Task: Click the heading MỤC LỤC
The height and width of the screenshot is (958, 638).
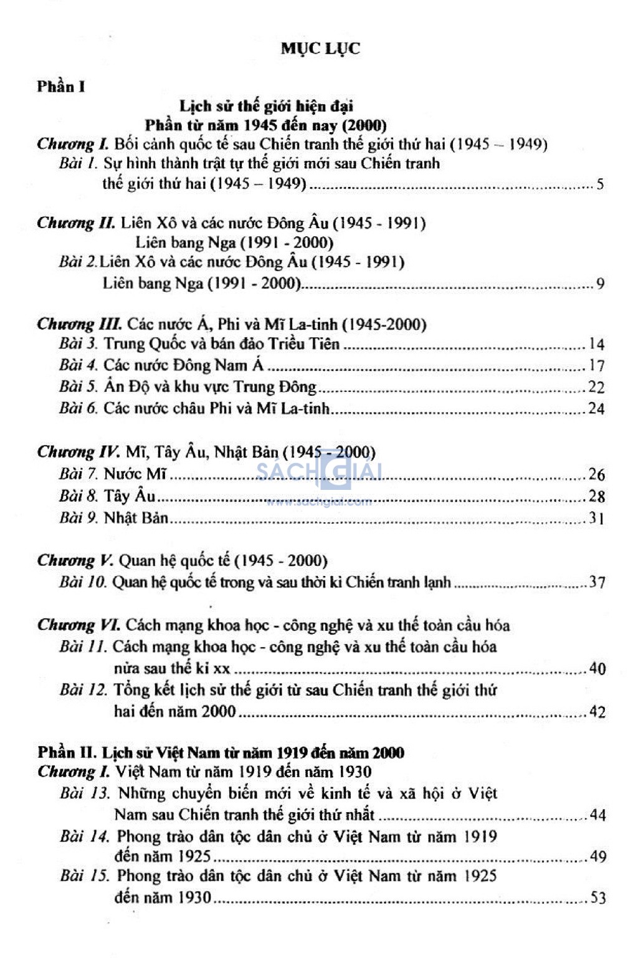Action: point(320,49)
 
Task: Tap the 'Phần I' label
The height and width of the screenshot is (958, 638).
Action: point(60,87)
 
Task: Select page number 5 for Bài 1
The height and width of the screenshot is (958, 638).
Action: point(600,184)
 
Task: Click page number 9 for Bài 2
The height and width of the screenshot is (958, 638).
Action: point(600,284)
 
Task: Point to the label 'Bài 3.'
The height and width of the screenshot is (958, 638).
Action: point(79,343)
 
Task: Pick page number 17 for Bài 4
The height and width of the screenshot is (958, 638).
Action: point(596,365)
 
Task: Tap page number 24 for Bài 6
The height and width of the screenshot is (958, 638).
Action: point(596,409)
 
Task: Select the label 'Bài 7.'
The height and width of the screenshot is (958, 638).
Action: point(79,474)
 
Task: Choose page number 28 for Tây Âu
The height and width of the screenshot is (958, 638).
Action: point(596,496)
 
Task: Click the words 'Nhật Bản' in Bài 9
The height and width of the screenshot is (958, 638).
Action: point(136,517)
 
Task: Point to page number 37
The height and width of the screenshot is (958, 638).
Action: point(597,582)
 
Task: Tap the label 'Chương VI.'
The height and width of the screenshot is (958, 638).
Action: point(79,625)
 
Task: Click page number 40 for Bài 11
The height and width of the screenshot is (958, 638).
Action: point(597,669)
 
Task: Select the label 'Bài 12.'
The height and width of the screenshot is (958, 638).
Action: point(84,690)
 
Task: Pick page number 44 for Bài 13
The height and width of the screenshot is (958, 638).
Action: point(598,815)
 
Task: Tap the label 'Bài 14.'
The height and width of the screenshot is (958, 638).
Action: point(85,836)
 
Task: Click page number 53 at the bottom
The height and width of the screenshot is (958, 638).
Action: point(598,898)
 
